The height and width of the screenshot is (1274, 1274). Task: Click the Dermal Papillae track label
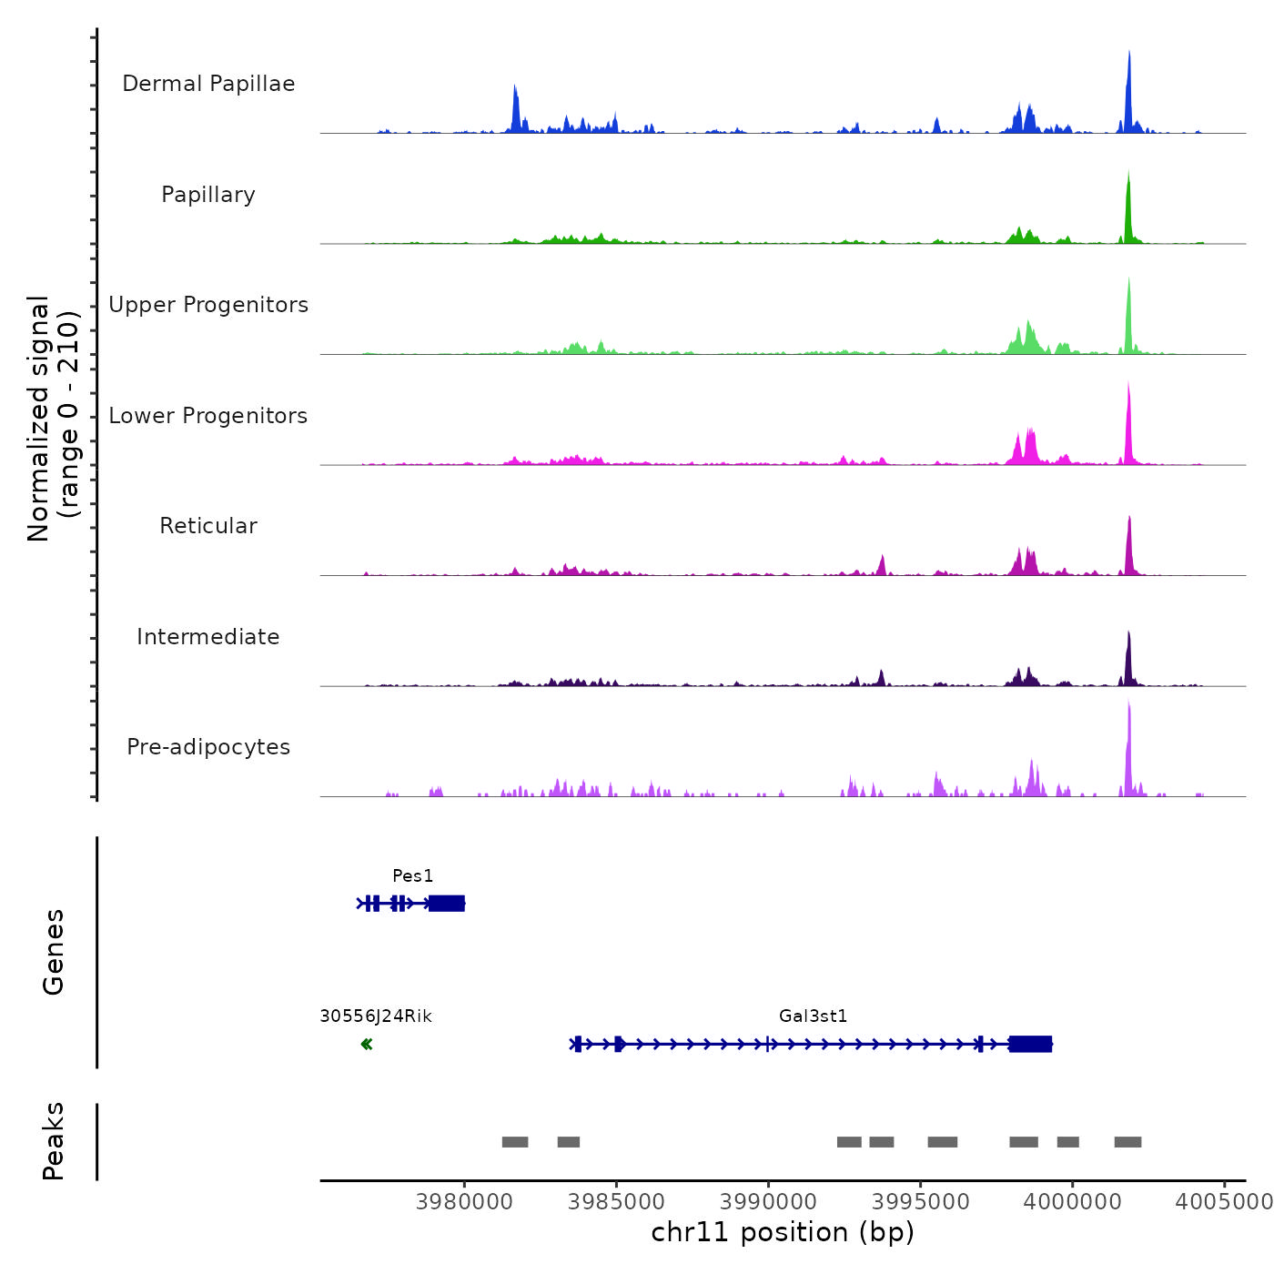[x=208, y=84]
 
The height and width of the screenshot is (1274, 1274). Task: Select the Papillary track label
[x=208, y=195]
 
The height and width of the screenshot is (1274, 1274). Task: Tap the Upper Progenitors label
[x=208, y=305]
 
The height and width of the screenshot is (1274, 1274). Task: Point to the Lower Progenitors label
[x=208, y=416]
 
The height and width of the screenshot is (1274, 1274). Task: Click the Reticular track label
[x=208, y=526]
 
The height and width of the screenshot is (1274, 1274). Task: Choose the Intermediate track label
[x=208, y=637]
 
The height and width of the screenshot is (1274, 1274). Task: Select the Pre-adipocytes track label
[x=208, y=747]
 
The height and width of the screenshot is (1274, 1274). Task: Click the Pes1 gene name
[x=412, y=876]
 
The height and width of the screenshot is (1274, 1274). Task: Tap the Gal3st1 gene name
[x=813, y=1016]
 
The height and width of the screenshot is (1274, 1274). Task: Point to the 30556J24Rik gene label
[x=376, y=1016]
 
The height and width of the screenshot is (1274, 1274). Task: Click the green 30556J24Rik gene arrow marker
[x=367, y=1044]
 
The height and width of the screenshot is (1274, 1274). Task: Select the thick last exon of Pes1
[x=447, y=904]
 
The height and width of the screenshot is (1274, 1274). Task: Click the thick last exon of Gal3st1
[x=1030, y=1044]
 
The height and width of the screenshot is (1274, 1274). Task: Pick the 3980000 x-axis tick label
[x=464, y=1202]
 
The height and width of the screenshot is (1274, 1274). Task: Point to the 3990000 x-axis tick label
[x=768, y=1202]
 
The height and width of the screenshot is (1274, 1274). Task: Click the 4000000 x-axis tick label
[x=1072, y=1202]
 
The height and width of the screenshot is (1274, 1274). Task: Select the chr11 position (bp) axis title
[x=783, y=1233]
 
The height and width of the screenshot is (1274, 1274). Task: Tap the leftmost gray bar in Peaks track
[x=515, y=1142]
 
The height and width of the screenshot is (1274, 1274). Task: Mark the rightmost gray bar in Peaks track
[x=1127, y=1142]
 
